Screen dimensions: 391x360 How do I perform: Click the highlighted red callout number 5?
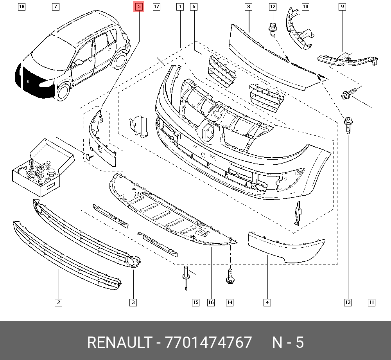point(139,7)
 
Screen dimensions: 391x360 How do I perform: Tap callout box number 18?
point(22,7)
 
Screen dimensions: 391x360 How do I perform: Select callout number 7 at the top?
point(56,7)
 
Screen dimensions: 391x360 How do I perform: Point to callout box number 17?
point(156,7)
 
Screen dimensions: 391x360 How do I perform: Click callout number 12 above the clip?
point(273,7)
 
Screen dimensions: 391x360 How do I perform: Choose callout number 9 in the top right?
point(343,7)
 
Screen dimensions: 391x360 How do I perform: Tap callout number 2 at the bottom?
point(58,302)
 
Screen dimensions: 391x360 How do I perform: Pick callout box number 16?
point(211,302)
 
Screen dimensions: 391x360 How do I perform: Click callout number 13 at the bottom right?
point(348,302)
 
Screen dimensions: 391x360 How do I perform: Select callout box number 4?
point(267,302)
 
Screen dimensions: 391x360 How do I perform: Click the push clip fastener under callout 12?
point(273,29)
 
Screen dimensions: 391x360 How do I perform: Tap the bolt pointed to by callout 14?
point(230,276)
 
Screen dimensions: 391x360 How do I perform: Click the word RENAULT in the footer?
point(119,342)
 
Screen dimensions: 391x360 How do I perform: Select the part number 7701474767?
point(208,342)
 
